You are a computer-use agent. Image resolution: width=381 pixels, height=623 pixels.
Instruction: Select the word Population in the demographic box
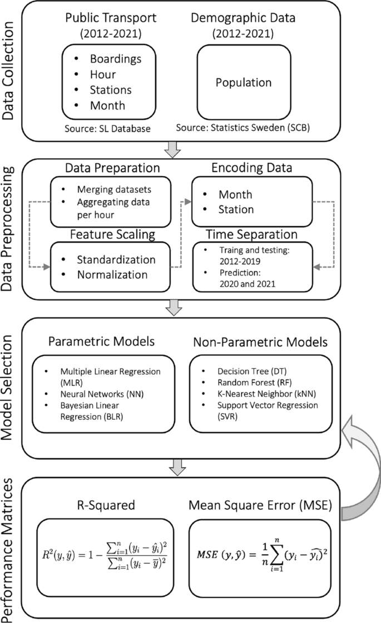tap(244, 83)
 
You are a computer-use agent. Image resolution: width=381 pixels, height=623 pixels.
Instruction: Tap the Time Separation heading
tap(251, 234)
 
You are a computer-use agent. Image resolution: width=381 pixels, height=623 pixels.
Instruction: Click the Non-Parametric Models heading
tap(261, 341)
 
